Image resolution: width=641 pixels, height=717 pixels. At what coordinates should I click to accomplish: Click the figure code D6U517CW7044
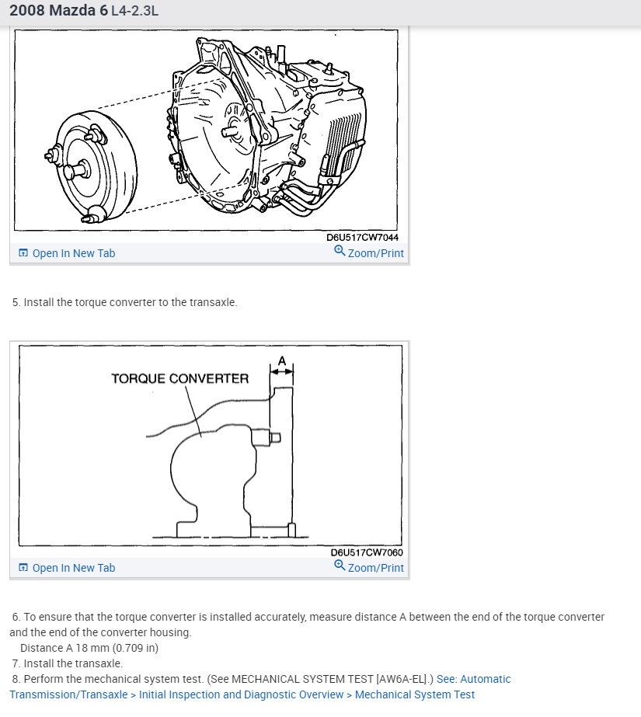(362, 238)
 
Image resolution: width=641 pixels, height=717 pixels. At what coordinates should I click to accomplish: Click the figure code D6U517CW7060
(367, 552)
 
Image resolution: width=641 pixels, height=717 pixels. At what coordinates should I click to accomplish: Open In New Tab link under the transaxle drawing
(73, 253)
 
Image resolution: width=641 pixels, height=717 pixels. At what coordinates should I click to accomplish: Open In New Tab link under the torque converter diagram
(73, 568)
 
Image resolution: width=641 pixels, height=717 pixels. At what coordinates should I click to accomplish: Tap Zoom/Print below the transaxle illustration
(375, 253)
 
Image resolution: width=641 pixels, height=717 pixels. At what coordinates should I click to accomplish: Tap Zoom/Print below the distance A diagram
(375, 568)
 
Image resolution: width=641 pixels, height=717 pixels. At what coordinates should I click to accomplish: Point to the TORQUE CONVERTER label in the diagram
(179, 379)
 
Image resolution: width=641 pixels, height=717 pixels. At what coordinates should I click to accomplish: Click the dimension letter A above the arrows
(281, 360)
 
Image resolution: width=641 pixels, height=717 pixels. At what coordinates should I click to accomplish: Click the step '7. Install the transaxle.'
(68, 663)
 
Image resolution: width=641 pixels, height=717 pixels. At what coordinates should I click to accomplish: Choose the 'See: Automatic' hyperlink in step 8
(473, 679)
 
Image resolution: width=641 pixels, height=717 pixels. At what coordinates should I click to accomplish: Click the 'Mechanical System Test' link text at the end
(415, 694)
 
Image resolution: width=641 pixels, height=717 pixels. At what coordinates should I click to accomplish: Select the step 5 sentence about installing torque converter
(124, 302)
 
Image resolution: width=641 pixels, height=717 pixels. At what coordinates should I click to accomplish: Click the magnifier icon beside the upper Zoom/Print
(340, 252)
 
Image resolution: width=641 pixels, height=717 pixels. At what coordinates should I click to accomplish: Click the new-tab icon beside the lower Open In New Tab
(23, 568)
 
